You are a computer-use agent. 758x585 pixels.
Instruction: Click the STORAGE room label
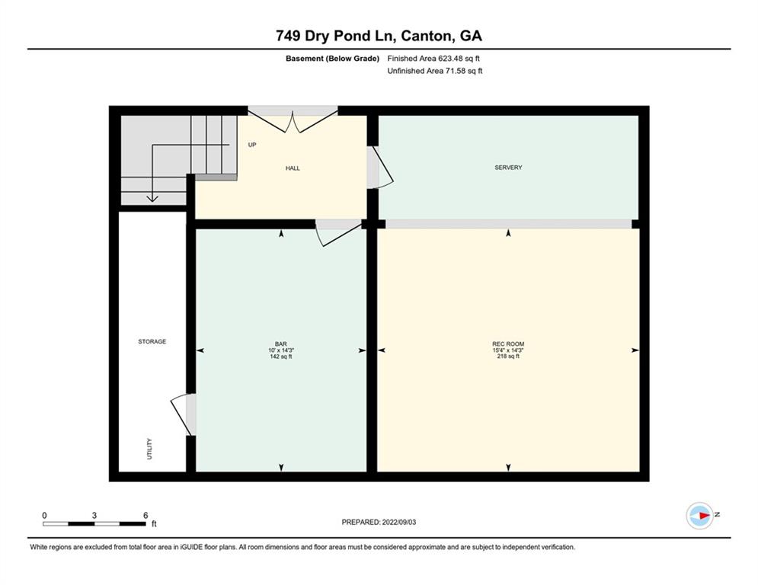click(152, 341)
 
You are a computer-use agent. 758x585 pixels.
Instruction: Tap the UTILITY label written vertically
click(149, 448)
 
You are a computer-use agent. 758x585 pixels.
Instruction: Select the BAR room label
click(281, 344)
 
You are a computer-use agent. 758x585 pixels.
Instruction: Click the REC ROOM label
click(508, 344)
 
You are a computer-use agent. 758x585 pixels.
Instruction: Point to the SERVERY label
click(508, 168)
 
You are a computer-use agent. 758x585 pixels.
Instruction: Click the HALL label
click(293, 168)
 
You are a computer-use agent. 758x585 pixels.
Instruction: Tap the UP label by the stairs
click(251, 144)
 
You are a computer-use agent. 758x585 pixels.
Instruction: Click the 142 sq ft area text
click(281, 356)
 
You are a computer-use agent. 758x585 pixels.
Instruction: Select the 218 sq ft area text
click(508, 356)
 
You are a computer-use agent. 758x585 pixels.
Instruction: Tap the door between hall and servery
click(379, 167)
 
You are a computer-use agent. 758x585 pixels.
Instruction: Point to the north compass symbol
click(700, 515)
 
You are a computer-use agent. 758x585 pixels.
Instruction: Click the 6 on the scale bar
click(145, 515)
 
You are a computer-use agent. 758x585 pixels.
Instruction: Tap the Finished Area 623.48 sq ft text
click(434, 58)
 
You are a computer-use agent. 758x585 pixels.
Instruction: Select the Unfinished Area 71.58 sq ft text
click(434, 71)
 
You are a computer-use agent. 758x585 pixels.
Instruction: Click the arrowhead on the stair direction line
click(152, 198)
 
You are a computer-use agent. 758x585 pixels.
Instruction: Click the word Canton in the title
click(425, 35)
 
